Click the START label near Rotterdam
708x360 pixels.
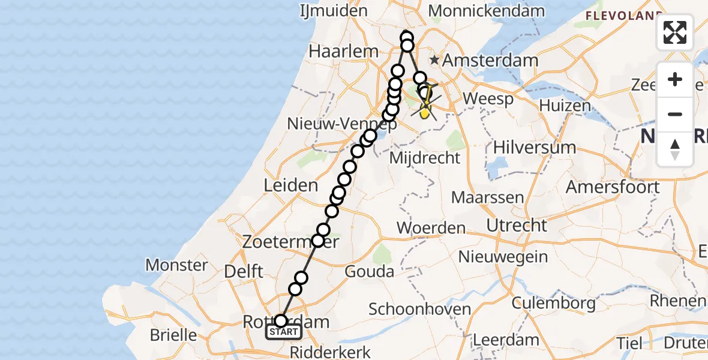pos(284,332)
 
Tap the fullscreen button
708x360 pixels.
pos(675,32)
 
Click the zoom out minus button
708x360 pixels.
pos(675,114)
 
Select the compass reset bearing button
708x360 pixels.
pos(675,149)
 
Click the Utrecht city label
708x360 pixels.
pos(517,226)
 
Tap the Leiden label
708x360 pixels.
pos(291,185)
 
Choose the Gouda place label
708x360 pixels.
pos(370,272)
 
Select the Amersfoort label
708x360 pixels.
pos(613,187)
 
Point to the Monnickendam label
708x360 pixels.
pos(487,11)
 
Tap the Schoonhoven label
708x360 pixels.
pos(419,310)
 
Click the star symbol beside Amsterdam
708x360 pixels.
pos(434,61)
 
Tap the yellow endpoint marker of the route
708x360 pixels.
pos(425,112)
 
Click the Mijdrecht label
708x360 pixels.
pos(425,158)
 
